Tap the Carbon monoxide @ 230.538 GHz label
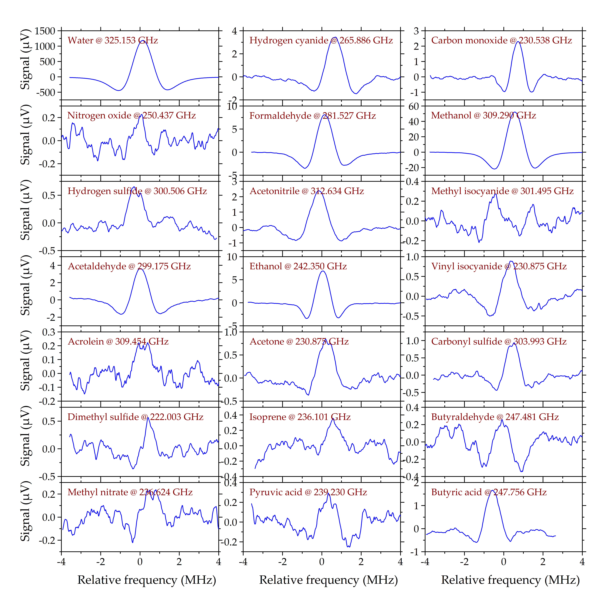coord(501,40)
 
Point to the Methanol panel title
coord(483,116)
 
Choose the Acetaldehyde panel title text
coord(129,266)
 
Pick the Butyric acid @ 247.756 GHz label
coord(489,492)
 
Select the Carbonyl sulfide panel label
coord(499,341)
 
